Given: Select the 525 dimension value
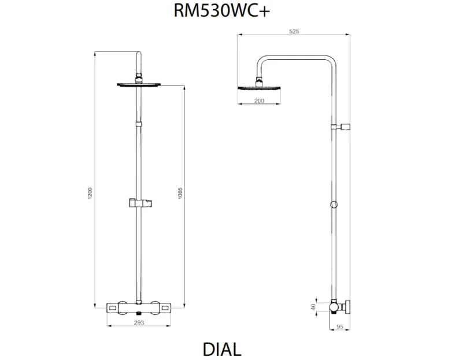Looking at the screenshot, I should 294,32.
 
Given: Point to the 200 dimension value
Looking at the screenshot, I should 258,101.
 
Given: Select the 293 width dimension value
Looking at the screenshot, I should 139,323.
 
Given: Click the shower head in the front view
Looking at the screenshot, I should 139,85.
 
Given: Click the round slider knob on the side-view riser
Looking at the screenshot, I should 334,204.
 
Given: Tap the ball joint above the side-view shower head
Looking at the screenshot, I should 258,80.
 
